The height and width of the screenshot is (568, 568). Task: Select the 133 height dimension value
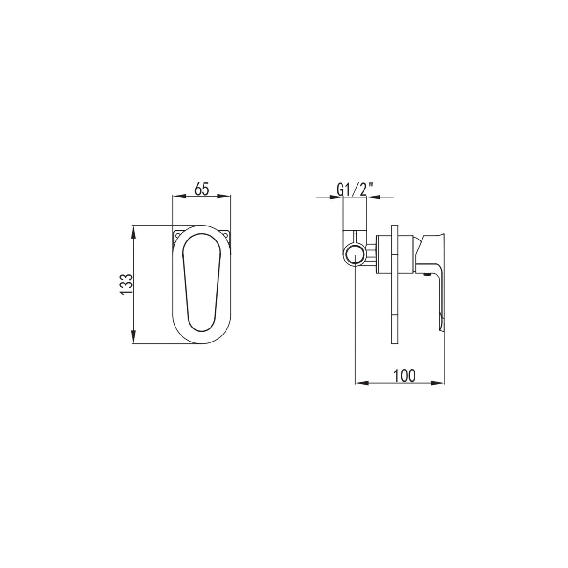[x=126, y=284]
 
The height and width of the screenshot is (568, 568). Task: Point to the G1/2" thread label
[x=355, y=190]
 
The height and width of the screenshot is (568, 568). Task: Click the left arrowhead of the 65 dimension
[x=176, y=197]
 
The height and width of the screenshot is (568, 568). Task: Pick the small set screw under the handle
[x=425, y=275]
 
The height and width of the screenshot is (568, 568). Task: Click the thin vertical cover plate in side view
[x=393, y=285]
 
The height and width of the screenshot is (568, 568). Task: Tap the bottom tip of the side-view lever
[x=441, y=323]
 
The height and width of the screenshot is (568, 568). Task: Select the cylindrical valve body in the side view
[x=395, y=254]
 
